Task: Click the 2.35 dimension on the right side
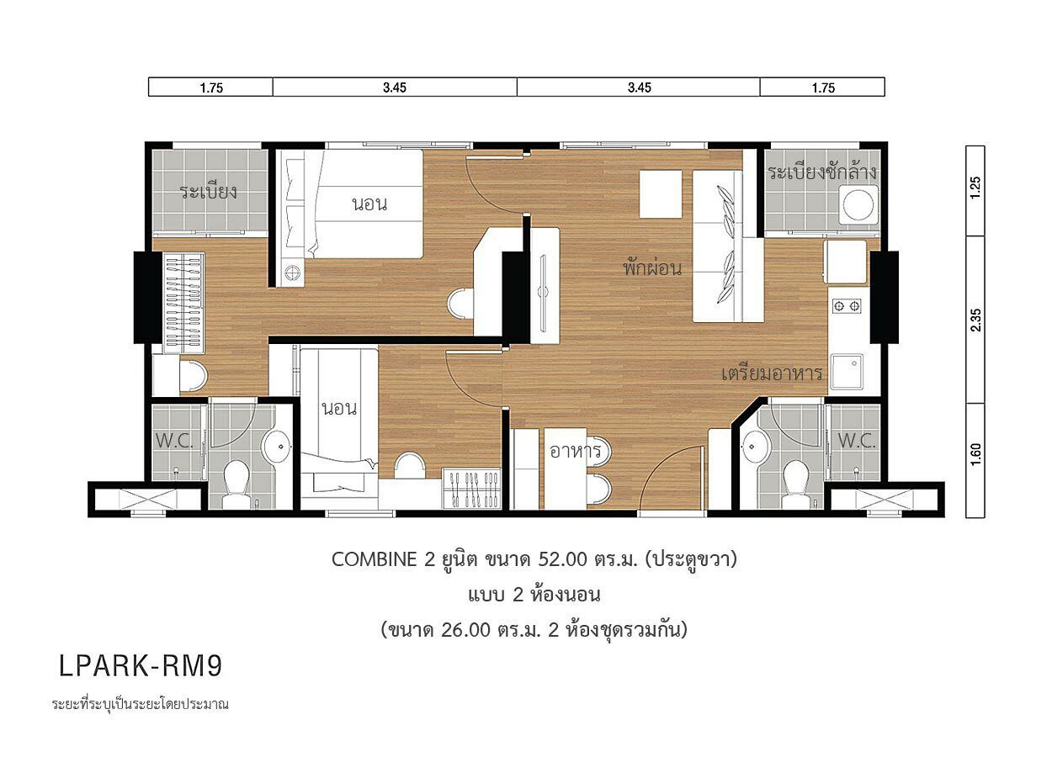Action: (x=975, y=320)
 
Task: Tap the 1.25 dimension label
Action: (x=975, y=188)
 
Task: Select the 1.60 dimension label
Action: (x=975, y=454)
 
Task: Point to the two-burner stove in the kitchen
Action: (x=847, y=306)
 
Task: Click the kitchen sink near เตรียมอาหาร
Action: (x=847, y=372)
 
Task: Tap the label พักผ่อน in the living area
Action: (x=652, y=267)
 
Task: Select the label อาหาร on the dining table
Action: (x=576, y=451)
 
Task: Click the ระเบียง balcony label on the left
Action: (x=208, y=192)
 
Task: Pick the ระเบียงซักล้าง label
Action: (x=822, y=172)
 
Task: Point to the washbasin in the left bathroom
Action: (x=276, y=446)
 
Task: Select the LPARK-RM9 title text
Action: (x=140, y=665)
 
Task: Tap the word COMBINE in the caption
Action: (x=375, y=559)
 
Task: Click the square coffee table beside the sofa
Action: (x=661, y=193)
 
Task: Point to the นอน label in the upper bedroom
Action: (x=369, y=204)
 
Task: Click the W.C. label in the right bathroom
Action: (x=857, y=440)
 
